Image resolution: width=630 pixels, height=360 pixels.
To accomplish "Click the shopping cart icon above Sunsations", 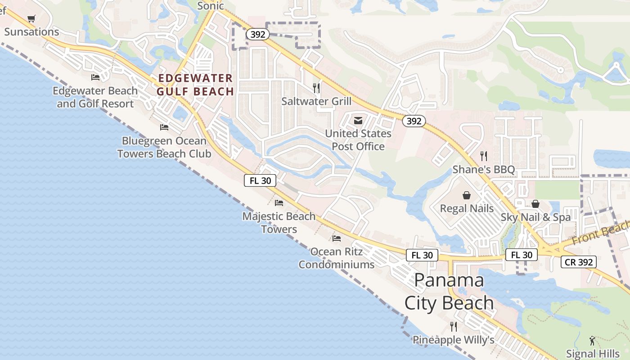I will coord(31,19).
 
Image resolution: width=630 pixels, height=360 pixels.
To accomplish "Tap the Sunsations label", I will coord(31,32).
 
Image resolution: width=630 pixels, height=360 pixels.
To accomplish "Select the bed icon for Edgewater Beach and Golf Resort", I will coord(95,77).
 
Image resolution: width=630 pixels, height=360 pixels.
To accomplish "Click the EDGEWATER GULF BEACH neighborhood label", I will coord(195,85).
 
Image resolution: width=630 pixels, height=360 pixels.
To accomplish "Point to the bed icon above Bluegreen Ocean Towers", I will coord(164,127).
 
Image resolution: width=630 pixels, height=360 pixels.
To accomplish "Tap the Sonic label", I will coord(210,6).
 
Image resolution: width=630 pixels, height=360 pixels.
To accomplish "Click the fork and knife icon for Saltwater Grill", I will coord(316,88).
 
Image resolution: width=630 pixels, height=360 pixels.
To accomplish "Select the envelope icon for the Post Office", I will coord(358,121).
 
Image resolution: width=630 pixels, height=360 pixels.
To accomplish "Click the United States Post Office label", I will coord(358,140).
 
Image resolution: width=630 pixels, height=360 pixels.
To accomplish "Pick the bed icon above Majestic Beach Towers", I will coord(279,203).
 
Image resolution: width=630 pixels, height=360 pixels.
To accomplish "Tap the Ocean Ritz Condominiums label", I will coord(337,258).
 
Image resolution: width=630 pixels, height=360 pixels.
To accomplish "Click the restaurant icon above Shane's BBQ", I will coord(484,156).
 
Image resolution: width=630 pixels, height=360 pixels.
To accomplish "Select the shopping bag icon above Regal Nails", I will coord(467,196).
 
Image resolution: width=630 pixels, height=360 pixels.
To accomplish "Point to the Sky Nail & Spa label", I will coord(535,217).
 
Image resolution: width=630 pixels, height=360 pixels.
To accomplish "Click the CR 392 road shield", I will coord(579,262).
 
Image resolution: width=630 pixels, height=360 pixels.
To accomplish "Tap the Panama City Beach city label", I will coord(449,292).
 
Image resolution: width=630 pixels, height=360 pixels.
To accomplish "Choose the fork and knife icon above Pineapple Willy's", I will coord(454,326).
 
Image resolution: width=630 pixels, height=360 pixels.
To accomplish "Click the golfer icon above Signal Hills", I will coord(592,341).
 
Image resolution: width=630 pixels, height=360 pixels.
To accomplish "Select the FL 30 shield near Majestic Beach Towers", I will coord(260,180).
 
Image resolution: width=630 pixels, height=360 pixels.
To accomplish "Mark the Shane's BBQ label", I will coord(483,170).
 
